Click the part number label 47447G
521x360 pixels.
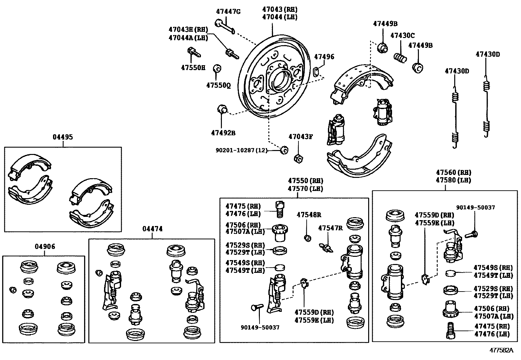(228, 11)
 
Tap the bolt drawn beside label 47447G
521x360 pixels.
(225, 27)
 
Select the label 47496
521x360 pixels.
(324, 57)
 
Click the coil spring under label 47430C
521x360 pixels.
(400, 58)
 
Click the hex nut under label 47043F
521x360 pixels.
(298, 159)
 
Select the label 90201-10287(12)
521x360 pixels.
(242, 150)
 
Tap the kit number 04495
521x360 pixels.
(63, 137)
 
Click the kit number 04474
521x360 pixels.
(152, 229)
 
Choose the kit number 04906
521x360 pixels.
(45, 246)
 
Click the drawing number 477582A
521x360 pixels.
(501, 350)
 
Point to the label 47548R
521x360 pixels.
(309, 215)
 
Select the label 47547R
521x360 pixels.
(330, 228)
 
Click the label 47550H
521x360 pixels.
(193, 67)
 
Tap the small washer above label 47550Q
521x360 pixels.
(217, 69)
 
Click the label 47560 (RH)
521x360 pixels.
(453, 172)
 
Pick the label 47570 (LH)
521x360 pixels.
(305, 189)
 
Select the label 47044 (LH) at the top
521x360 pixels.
(279, 17)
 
